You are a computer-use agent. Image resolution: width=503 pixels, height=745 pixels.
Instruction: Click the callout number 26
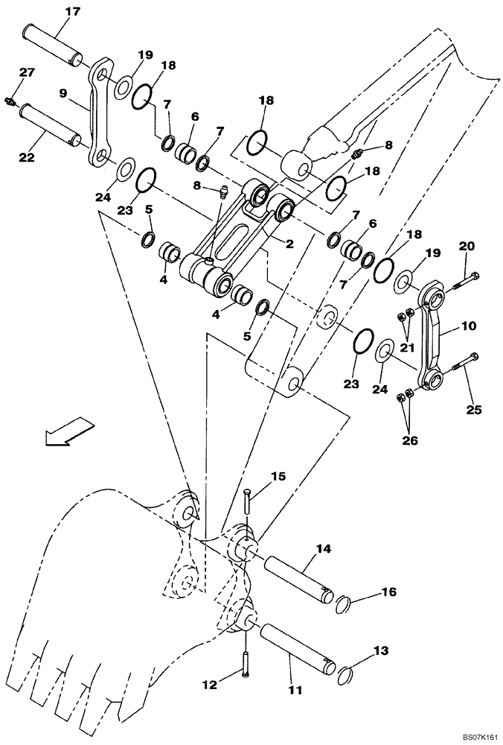409,440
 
